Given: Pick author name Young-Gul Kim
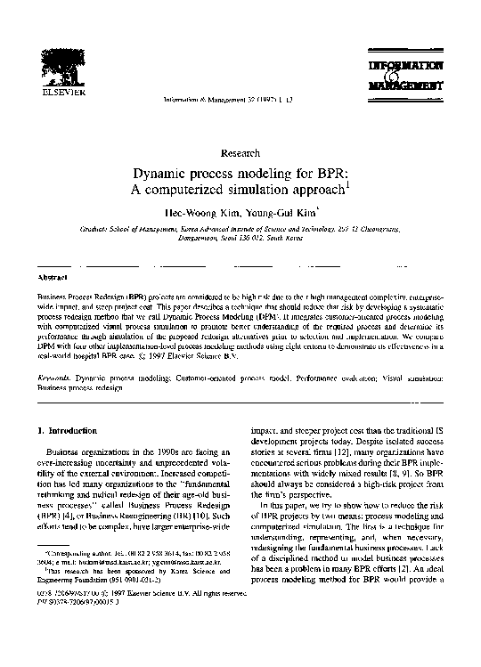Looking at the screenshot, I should pos(282,215).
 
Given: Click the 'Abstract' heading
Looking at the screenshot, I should pos(48,278).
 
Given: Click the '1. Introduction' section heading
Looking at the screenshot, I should pos(65,431).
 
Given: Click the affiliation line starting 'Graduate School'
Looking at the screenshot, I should pos(240,229).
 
